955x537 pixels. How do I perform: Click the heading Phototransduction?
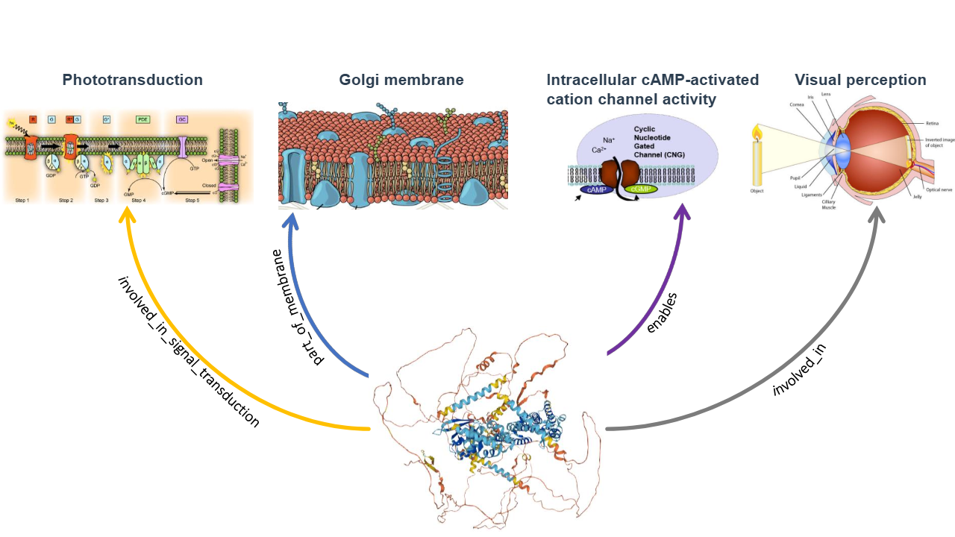(x=132, y=80)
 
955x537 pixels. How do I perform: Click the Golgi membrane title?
(x=401, y=80)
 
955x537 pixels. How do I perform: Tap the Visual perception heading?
(x=860, y=80)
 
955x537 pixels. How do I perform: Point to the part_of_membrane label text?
(x=299, y=307)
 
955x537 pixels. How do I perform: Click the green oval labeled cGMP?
(x=639, y=190)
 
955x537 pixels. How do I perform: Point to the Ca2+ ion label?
(x=599, y=150)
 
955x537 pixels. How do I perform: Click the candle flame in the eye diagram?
(x=757, y=134)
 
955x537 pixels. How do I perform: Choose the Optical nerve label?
(x=938, y=190)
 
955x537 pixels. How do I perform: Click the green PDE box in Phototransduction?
(x=143, y=119)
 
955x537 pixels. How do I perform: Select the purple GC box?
(x=181, y=119)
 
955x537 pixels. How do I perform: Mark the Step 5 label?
(x=192, y=201)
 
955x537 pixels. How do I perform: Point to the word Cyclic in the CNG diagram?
(x=647, y=129)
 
